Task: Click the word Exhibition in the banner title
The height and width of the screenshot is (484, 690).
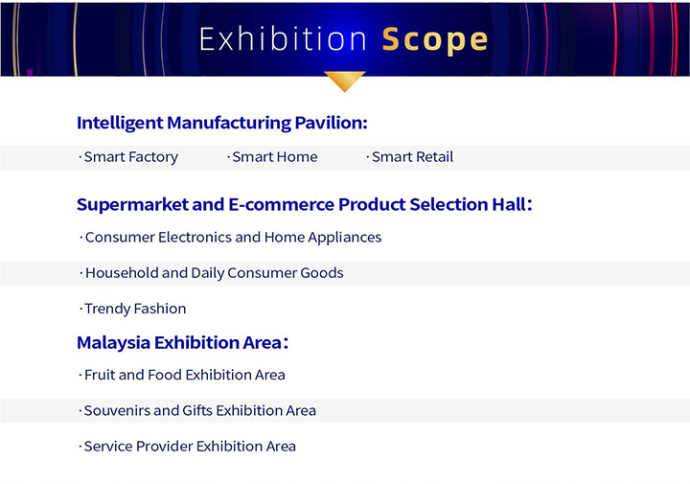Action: tap(283, 38)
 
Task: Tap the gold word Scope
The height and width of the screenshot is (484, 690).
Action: tap(435, 40)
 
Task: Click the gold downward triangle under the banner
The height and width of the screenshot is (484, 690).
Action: tap(345, 81)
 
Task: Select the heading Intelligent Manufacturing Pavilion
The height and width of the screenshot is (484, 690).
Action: tap(222, 123)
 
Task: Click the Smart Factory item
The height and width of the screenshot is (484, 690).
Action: tap(128, 157)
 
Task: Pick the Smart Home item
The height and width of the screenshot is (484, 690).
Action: tap(272, 156)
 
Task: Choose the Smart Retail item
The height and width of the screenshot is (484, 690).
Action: tap(410, 156)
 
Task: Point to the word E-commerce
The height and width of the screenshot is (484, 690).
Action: tap(281, 204)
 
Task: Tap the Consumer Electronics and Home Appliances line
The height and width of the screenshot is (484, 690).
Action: tap(231, 237)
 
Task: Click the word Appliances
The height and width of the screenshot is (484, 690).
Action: tap(345, 238)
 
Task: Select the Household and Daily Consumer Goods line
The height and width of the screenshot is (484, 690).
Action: tap(212, 273)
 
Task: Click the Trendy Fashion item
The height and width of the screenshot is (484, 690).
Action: tap(133, 309)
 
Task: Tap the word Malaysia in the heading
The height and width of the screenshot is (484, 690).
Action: tap(113, 343)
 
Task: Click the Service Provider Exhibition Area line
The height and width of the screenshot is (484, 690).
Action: tap(188, 447)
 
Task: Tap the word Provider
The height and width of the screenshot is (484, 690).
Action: tap(164, 447)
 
